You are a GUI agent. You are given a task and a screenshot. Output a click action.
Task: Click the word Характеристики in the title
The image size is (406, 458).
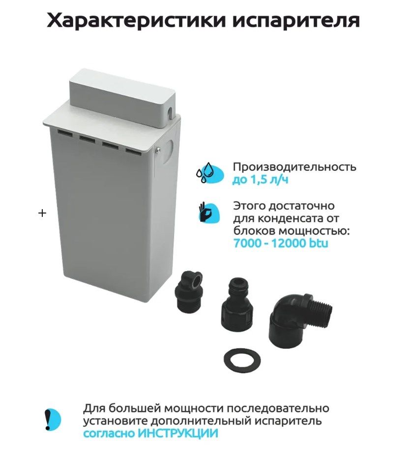click(136, 21)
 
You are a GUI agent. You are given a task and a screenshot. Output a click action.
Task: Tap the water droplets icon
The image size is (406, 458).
click(209, 173)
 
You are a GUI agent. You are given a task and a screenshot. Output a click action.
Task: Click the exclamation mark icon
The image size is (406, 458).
click(52, 420)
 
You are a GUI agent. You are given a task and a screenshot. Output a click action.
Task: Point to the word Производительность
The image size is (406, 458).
click(294, 167)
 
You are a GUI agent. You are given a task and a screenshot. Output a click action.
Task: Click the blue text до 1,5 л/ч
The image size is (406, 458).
click(260, 180)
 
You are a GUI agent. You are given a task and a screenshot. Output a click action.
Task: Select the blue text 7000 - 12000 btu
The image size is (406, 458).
click(281, 243)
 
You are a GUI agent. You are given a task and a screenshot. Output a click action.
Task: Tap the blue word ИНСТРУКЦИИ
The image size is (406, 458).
click(178, 433)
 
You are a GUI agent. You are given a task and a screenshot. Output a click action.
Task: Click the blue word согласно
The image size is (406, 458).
click(109, 433)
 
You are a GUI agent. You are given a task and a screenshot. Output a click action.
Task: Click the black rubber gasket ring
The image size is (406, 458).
click(242, 359)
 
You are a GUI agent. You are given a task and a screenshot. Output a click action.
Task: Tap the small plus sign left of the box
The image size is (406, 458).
click(42, 213)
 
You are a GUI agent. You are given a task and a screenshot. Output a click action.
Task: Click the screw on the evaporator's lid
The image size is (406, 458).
click(157, 150)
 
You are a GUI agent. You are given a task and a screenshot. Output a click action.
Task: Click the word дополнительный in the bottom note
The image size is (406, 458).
click(202, 421)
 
